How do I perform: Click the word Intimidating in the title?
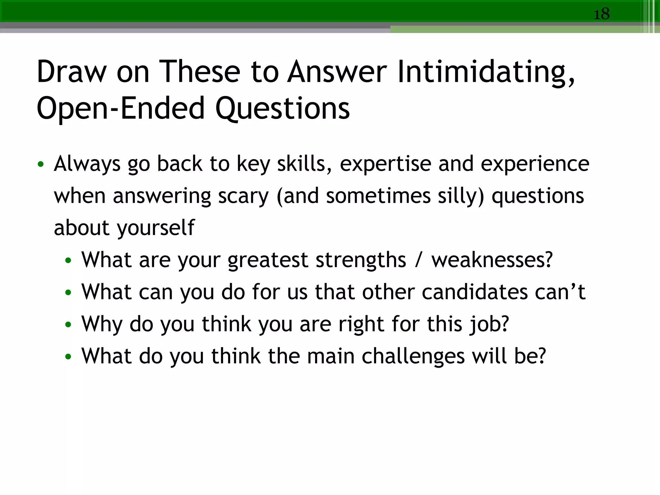(x=486, y=72)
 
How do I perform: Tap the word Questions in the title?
(x=282, y=108)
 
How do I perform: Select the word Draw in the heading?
(x=72, y=72)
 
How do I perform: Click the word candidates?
(x=474, y=292)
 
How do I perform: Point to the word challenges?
(x=413, y=356)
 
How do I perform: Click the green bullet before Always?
(x=40, y=164)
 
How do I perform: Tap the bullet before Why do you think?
(x=68, y=325)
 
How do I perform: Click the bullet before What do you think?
(x=68, y=357)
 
